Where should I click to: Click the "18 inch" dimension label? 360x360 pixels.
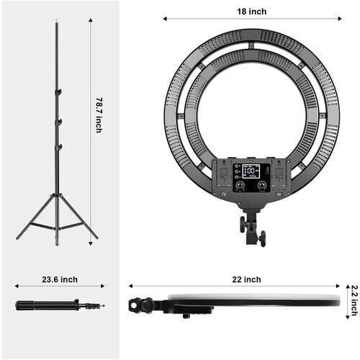tap(251, 12)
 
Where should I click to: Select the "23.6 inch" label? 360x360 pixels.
tap(59, 279)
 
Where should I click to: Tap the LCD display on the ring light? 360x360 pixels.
tap(251, 171)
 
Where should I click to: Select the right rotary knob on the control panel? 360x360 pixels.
tap(262, 186)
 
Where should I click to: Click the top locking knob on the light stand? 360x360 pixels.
tap(60, 91)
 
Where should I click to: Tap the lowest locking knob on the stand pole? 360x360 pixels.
tap(60, 147)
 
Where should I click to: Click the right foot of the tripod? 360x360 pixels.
tap(95, 237)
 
